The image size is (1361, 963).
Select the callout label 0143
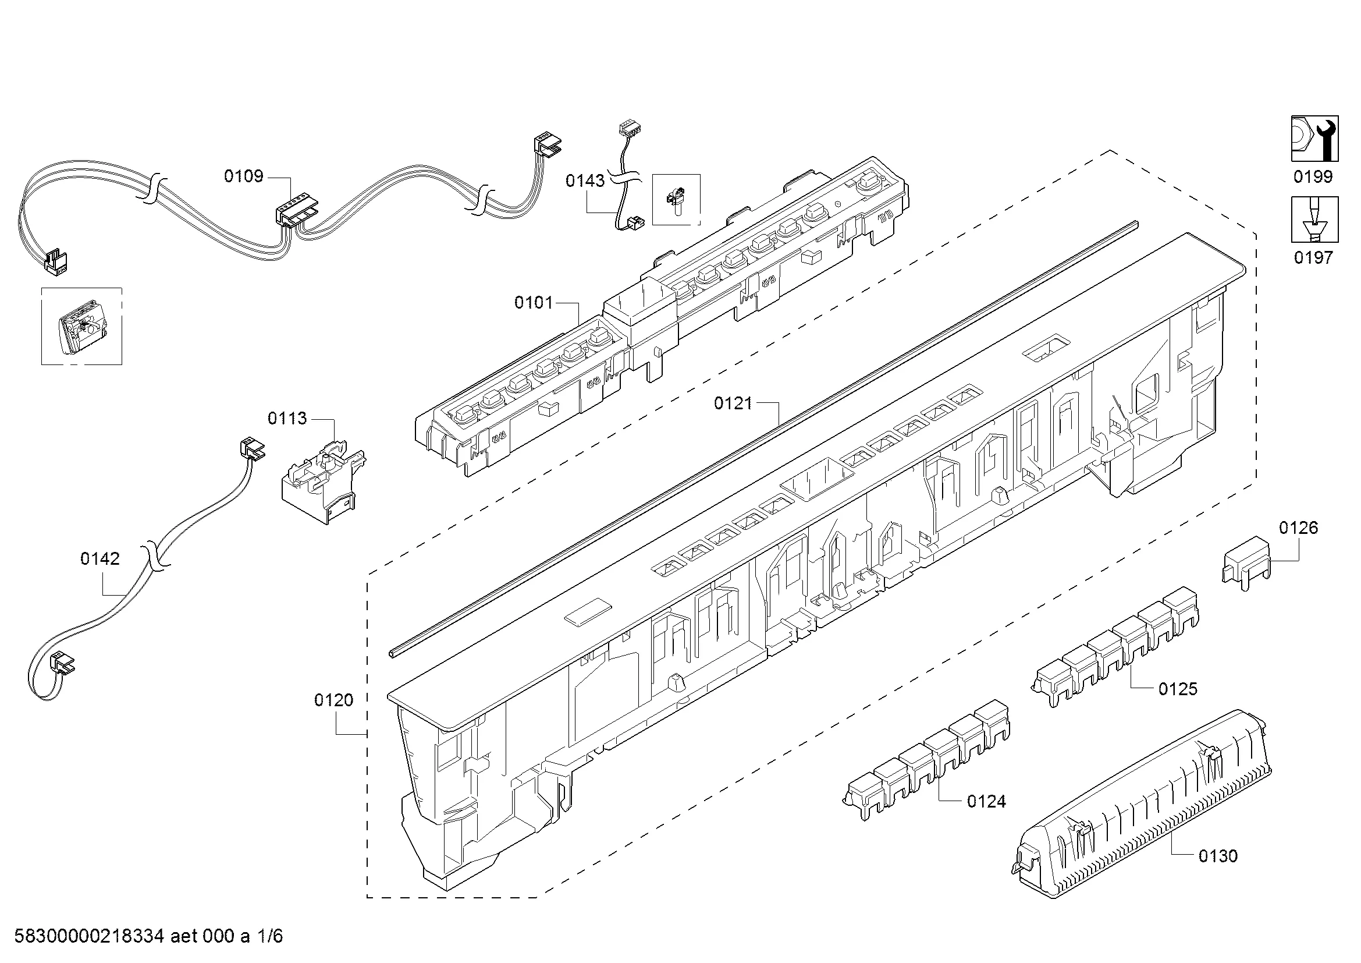point(585,181)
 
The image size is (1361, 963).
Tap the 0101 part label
point(534,303)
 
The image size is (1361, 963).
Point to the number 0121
point(733,404)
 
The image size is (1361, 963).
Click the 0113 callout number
point(287,419)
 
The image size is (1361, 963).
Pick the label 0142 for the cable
point(100,558)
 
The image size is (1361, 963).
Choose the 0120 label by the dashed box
point(334,700)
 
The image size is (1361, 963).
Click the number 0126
point(1299,528)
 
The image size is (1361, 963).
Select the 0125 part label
point(1178,689)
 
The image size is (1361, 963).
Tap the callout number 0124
point(987,802)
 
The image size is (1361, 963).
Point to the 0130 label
point(1218,856)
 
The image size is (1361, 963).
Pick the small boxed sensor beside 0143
point(676,200)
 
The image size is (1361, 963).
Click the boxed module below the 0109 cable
point(82,327)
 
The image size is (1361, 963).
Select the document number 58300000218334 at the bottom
point(90,936)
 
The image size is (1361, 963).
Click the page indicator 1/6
point(271,936)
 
